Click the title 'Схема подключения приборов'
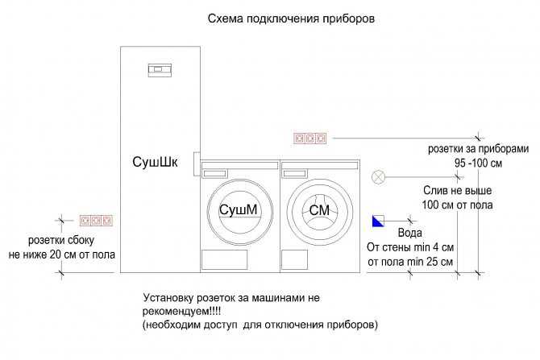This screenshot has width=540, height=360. tap(291, 19)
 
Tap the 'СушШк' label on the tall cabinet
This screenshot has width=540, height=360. tap(155, 162)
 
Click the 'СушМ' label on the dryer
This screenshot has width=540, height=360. tap(239, 209)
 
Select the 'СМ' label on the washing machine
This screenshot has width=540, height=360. tap(319, 210)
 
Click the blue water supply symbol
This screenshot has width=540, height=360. tap(378, 221)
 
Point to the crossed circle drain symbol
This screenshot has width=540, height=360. tap(379, 177)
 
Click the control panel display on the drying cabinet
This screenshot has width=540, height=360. tap(160, 70)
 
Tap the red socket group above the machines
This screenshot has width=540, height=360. tap(310, 139)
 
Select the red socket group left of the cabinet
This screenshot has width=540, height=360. tap(96, 221)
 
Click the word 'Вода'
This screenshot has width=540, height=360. tap(409, 233)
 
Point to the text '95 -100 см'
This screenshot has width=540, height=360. tap(479, 163)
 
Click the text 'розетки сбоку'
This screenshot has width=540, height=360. tap(61, 240)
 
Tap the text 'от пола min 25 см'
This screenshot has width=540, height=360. tap(410, 262)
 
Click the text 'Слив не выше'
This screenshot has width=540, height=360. tap(457, 190)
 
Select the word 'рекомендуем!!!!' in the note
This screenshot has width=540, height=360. tap(181, 312)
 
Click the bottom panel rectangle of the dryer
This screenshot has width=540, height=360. tap(224, 259)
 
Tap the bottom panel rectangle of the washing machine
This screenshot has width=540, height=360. tap(294, 259)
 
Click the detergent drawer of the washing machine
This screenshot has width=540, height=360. tap(294, 173)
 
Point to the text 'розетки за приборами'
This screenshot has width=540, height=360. tap(479, 149)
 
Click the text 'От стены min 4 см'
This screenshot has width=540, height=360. tap(410, 247)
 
